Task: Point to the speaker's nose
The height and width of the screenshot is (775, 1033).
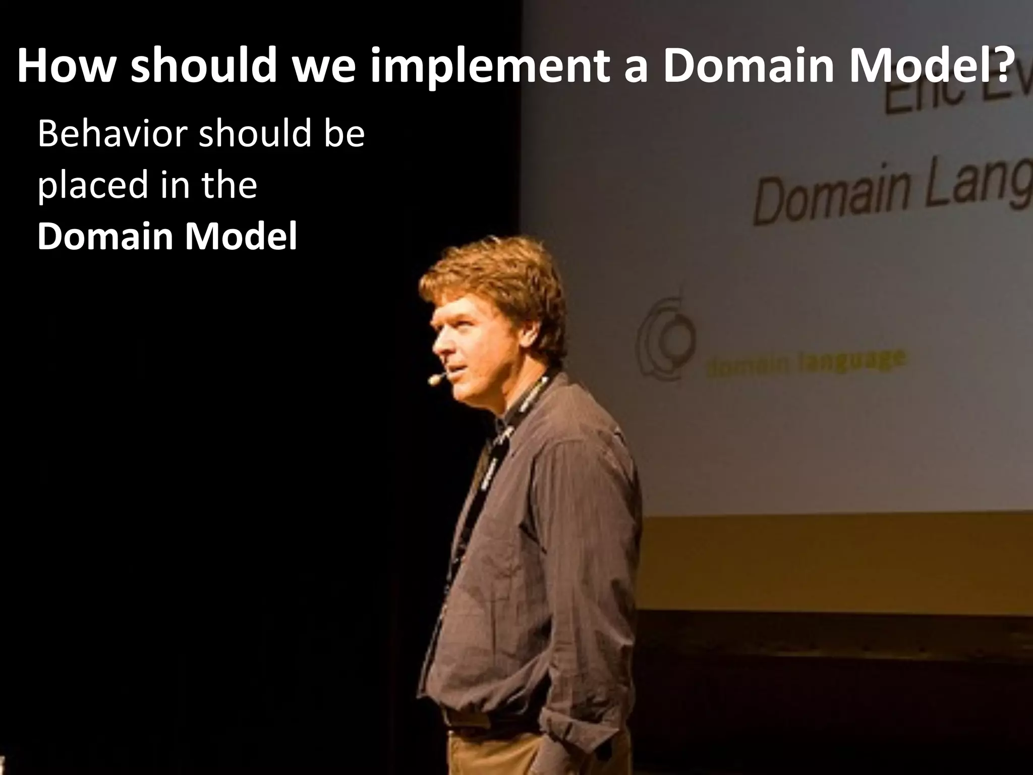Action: click(437, 347)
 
